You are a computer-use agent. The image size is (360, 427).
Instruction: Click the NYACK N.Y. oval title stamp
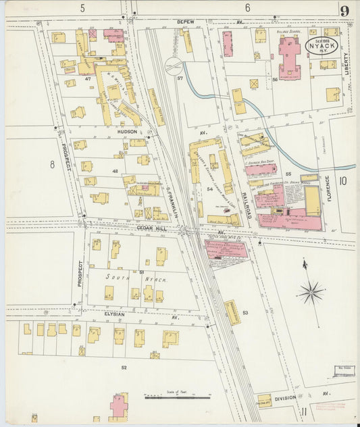coord(322,46)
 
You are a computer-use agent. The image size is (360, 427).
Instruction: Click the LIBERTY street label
coord(346,68)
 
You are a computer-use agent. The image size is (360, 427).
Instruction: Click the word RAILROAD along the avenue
coord(248,203)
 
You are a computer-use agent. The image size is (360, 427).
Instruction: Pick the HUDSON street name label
coord(127,132)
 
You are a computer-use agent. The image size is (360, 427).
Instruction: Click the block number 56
coord(275,80)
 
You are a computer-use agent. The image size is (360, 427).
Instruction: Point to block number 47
coord(88,79)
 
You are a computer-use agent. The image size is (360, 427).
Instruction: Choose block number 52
coord(124,367)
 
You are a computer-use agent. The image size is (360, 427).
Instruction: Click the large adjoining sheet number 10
coord(342,180)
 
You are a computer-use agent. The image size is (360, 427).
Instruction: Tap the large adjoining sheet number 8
coord(51,164)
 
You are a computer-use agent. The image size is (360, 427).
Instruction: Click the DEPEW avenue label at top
coord(185,22)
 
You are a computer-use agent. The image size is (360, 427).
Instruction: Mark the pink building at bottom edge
coord(119,407)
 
